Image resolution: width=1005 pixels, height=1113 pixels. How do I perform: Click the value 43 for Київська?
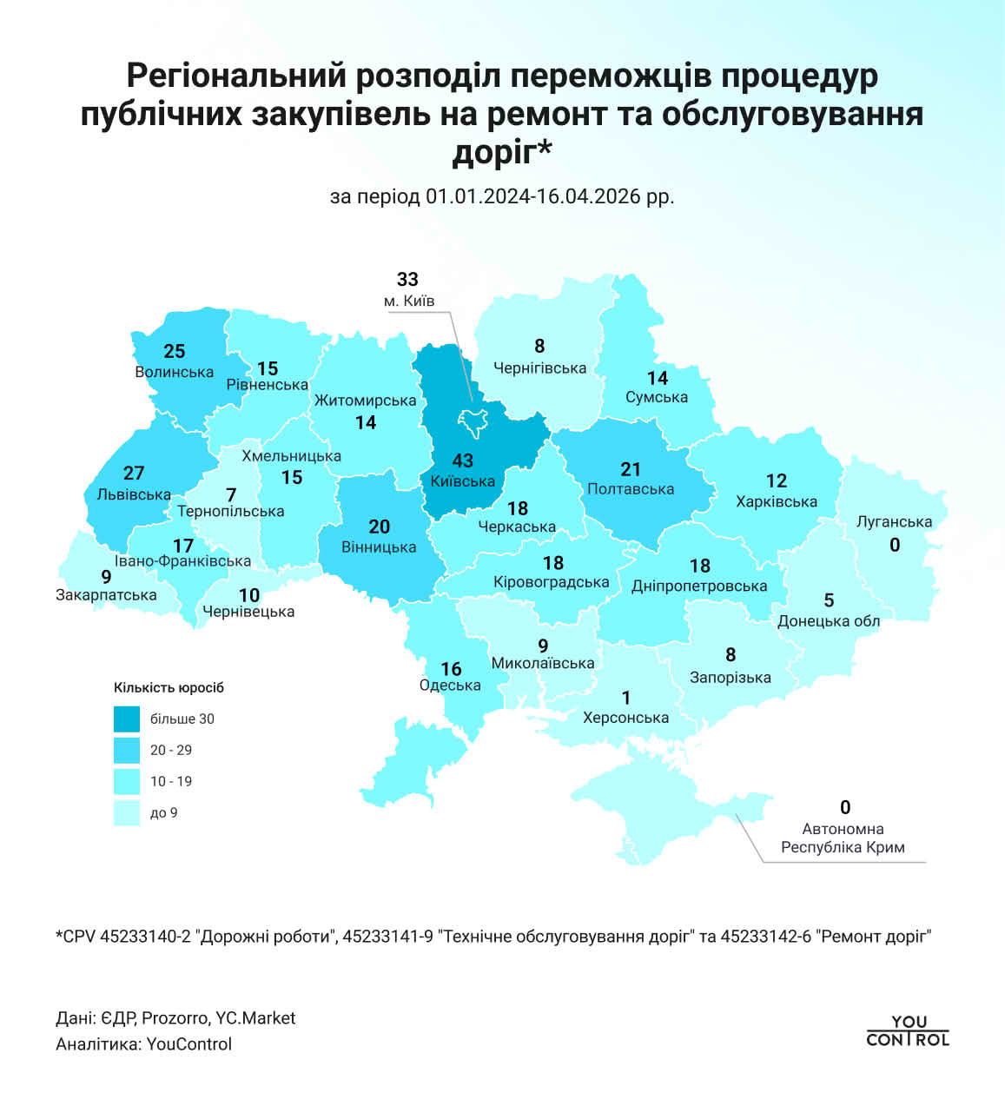coord(462,460)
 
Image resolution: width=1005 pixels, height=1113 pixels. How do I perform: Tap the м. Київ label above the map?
coord(409,301)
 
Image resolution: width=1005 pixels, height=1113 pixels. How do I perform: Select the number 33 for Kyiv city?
coord(407,279)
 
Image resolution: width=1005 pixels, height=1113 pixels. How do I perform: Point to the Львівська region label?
coord(134,494)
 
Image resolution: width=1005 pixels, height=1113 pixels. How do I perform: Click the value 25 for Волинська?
coord(174,351)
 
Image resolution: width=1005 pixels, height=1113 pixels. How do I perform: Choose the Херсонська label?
coord(625,718)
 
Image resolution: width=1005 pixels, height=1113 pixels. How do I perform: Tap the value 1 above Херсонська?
coord(626,698)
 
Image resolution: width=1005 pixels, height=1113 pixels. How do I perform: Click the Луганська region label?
coord(894,522)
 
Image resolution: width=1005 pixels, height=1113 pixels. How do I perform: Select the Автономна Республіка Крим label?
coord(843,838)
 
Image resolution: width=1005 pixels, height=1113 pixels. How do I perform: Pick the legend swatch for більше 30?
coord(127,719)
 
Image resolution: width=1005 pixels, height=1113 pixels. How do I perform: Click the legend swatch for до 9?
coord(127,812)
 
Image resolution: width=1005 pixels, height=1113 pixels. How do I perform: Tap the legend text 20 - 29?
coord(171,750)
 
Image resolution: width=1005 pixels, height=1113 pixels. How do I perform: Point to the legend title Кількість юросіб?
coord(169,687)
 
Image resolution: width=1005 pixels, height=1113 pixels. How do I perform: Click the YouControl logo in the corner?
coord(908,1030)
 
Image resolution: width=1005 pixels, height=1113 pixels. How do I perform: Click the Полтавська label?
coord(631,489)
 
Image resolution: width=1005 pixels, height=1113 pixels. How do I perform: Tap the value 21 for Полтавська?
coord(631,469)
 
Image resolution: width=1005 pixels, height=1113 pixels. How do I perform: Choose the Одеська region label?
coord(450,685)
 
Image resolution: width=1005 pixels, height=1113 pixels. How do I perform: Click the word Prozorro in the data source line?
coord(175,1017)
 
